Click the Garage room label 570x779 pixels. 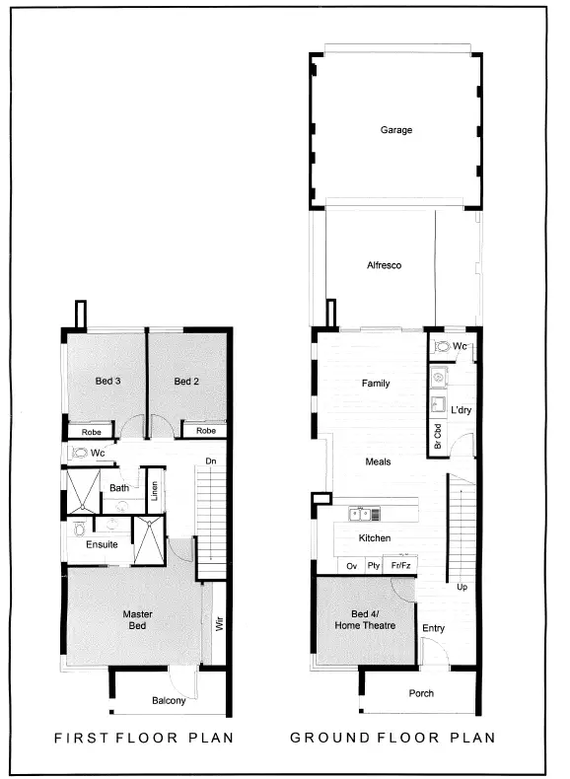396,130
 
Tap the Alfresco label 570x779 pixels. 384,265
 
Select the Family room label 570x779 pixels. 376,384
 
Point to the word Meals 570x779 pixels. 378,461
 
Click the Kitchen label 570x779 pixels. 375,538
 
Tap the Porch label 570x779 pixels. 420,693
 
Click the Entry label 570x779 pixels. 433,628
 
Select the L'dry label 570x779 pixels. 462,409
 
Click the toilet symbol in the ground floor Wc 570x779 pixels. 443,347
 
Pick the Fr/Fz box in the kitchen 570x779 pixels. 401,566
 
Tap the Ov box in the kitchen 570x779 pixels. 350,566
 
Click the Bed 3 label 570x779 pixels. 107,382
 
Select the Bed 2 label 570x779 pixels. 187,382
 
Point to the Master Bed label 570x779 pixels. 137,620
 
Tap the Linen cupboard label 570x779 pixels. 155,489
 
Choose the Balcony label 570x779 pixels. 169,701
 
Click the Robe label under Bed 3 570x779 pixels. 91,431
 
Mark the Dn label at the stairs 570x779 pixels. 210,460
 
